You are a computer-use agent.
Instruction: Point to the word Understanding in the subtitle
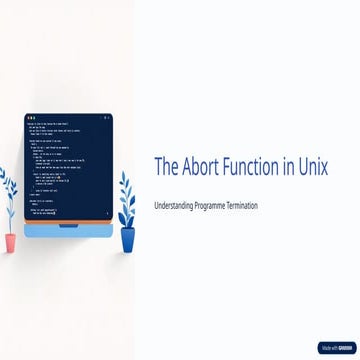pyautogui.click(x=174, y=205)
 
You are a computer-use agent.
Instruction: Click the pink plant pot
pyautogui.click(x=10, y=243)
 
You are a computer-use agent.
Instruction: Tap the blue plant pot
pyautogui.click(x=128, y=240)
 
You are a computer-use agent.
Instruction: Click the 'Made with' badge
pyautogui.click(x=336, y=348)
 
